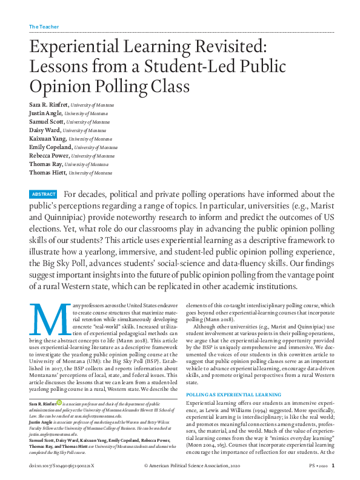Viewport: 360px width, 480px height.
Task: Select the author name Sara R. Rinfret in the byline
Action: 48,105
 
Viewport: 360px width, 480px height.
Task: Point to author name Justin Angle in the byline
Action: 45,113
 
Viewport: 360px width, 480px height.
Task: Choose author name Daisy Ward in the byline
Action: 44,130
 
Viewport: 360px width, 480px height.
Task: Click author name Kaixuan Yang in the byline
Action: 47,138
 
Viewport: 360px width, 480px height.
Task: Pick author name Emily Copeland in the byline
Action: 50,147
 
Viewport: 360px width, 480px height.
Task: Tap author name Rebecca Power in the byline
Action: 49,155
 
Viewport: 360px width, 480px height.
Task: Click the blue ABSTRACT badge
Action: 44,195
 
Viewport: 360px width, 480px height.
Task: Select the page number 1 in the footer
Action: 333,466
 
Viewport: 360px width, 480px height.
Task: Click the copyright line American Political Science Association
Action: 196,466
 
